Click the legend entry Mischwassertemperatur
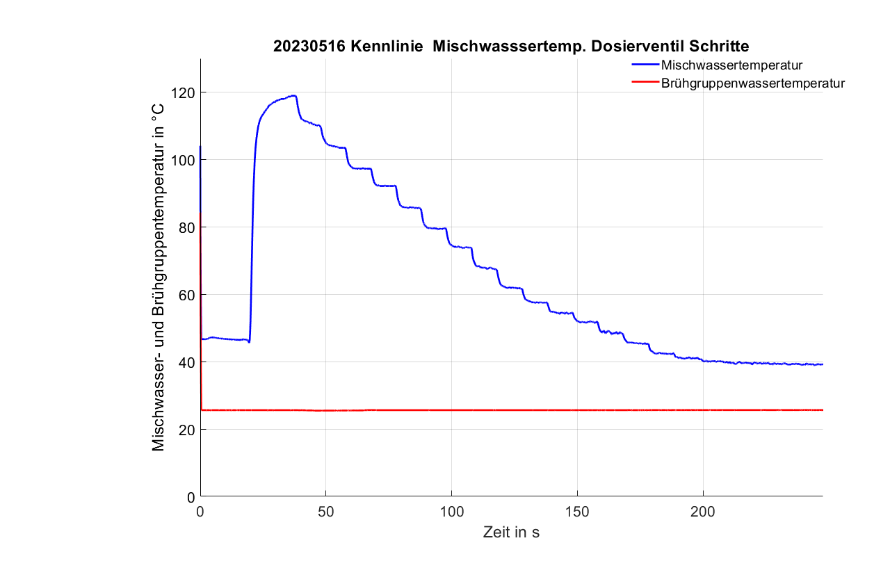tap(732, 66)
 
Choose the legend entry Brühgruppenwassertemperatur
tap(753, 83)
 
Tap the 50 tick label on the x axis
tap(326, 511)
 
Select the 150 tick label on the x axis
tap(577, 511)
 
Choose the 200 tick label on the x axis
tap(703, 511)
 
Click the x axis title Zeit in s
tap(511, 533)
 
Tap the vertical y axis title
tap(159, 277)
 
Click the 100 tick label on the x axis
tap(452, 511)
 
